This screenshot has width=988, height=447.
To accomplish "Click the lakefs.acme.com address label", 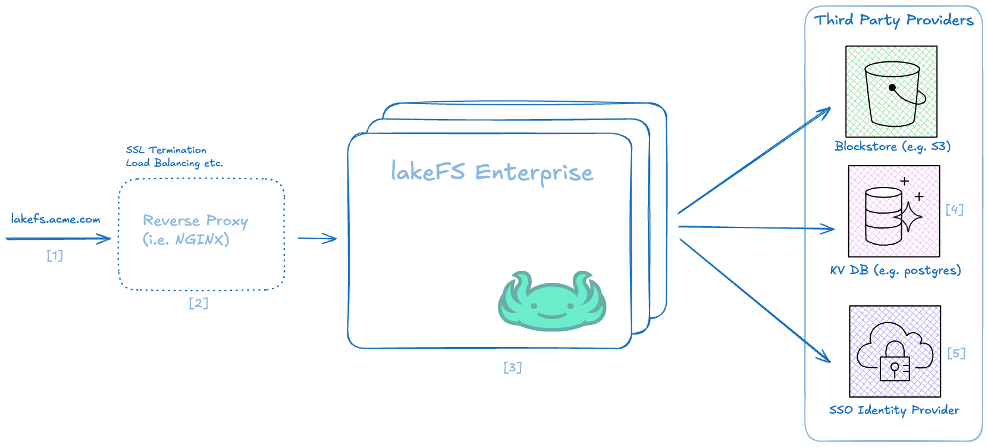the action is pos(55,219).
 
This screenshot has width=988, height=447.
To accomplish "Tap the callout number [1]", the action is pos(55,255).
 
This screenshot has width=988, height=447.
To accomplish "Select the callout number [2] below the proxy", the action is pos(199,303).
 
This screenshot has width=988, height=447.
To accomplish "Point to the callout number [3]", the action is pos(513,367).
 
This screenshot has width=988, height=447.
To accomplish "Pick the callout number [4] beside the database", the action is pos(955,209).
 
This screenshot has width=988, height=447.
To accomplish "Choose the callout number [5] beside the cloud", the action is pos(956,353).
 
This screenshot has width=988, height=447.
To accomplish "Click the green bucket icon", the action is pos(892,91).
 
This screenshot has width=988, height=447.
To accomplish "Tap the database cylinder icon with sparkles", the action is pos(894,211).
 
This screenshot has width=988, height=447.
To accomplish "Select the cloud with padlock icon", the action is pos(895,351).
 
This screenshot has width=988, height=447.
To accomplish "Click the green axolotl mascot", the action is pos(552,301).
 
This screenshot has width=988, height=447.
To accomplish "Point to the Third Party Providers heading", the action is pos(893,20).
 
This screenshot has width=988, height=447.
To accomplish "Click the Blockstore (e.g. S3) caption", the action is pos(893,146).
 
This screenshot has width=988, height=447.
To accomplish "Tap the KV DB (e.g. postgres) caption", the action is pos(895,270).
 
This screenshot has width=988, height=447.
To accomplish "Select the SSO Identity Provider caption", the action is pos(894,410).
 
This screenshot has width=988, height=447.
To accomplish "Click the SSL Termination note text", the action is pos(166,149).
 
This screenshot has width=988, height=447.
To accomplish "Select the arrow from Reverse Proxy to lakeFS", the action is pos(317,238).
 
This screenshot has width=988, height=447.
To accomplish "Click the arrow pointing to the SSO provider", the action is pos(755,301).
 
